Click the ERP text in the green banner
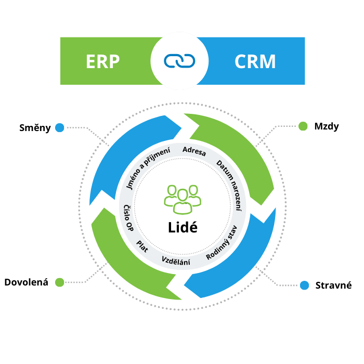click(103, 61)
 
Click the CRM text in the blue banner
click(255, 61)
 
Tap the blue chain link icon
click(179, 61)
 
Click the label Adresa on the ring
click(194, 152)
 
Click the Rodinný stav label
click(221, 243)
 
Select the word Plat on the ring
click(142, 246)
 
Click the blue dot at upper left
click(60, 127)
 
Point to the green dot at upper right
click(303, 126)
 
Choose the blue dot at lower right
click(305, 285)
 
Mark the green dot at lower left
click(60, 282)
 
